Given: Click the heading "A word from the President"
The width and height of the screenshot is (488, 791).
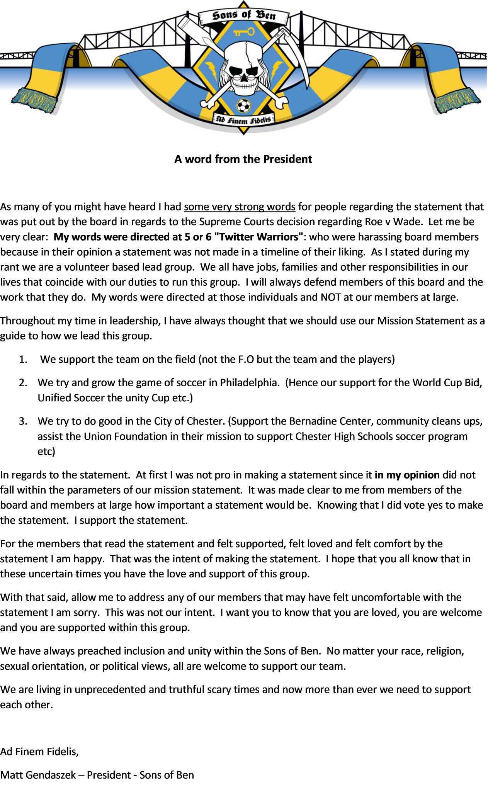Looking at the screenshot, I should click(243, 159).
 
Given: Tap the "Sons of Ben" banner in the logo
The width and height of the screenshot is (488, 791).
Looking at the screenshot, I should click(244, 16).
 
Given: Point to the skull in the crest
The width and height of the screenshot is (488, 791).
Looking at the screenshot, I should click(243, 68).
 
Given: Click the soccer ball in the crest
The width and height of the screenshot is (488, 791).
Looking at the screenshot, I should click(243, 105).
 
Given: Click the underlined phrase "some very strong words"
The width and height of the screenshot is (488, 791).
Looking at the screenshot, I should click(240, 207).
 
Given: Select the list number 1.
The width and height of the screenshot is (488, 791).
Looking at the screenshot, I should click(23, 360).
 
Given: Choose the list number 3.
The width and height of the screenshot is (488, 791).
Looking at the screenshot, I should click(23, 421).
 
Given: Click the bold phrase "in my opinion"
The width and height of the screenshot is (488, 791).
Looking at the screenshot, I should click(407, 475).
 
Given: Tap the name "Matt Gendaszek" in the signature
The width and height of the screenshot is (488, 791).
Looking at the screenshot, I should click(38, 775).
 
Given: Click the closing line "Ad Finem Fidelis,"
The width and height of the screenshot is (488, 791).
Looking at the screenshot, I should click(39, 752).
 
